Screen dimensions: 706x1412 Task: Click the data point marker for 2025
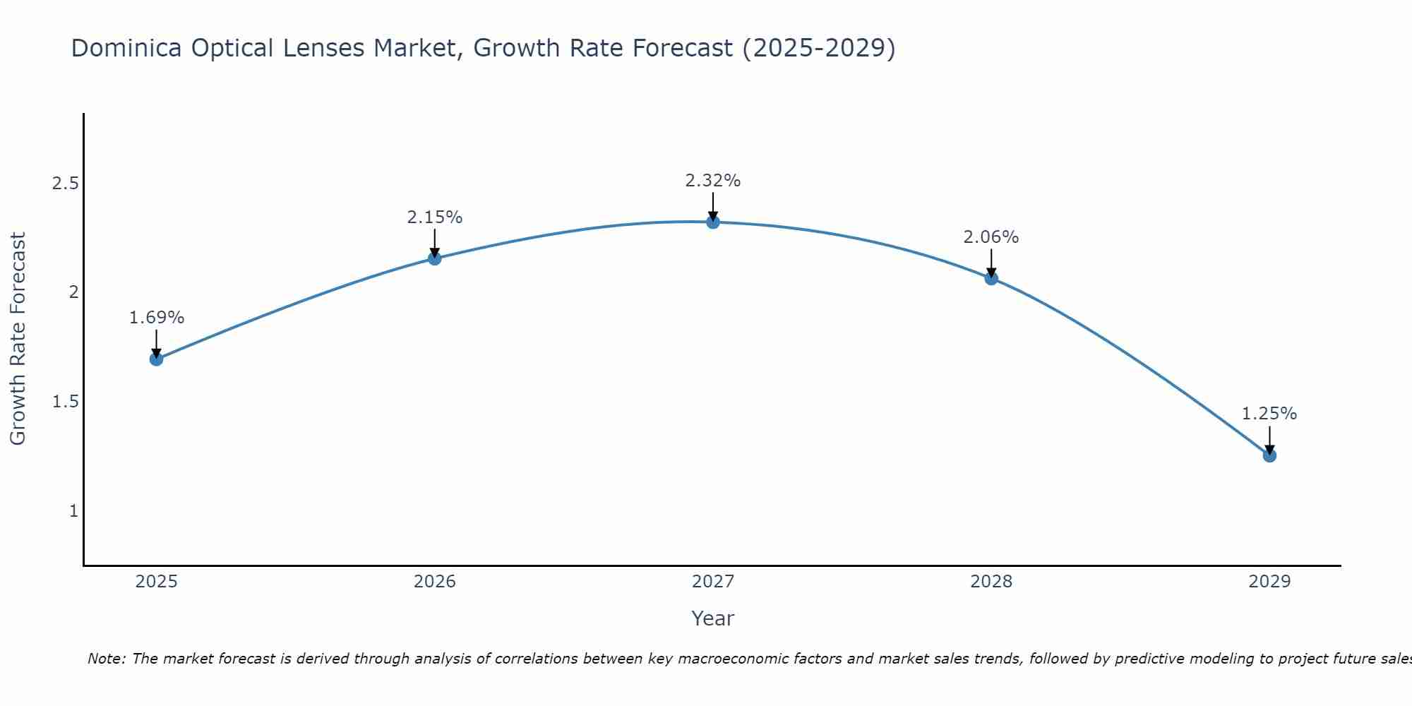pos(157,359)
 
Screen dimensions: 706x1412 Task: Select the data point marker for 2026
pos(435,258)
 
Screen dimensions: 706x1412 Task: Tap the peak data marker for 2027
pos(713,222)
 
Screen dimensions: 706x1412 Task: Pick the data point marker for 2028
pos(991,278)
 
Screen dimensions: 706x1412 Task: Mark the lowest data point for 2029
pos(1269,455)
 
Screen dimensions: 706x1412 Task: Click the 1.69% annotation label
pos(157,318)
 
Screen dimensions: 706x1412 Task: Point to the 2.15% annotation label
pos(435,217)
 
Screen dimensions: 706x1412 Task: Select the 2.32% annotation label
pos(713,181)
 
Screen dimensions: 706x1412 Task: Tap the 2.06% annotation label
pos(991,237)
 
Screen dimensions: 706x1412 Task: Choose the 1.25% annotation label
pos(1269,414)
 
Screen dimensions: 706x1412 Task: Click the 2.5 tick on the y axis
pos(65,184)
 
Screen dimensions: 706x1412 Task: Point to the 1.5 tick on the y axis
pos(65,402)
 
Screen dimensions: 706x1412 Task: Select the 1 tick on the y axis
pos(73,510)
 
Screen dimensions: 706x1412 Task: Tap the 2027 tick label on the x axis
pos(713,582)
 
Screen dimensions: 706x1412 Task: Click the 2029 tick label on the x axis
pos(1269,582)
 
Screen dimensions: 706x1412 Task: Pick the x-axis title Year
pos(713,618)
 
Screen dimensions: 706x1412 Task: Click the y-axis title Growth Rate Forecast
pos(18,339)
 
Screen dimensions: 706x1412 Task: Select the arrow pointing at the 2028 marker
pos(991,263)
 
